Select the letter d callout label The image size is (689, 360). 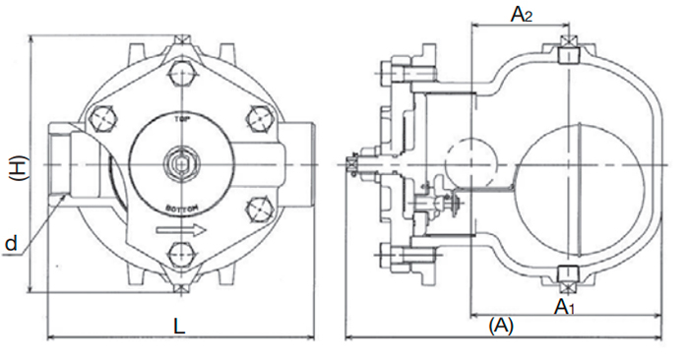coord(11,241)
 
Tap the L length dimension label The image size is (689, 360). coord(179,324)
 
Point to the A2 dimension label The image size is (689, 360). coord(521,14)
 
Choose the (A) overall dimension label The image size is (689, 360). coord(502,324)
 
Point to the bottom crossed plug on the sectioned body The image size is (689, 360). coord(568,274)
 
